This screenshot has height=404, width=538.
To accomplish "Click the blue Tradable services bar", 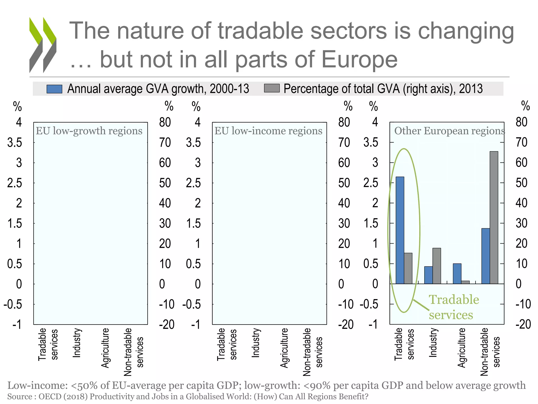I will [400, 230].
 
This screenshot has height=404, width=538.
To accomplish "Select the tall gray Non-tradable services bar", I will [494, 218].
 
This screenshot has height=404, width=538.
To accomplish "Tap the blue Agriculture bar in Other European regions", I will [457, 274].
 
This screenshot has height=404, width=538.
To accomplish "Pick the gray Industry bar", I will [437, 266].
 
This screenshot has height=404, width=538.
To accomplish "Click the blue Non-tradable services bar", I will [485, 256].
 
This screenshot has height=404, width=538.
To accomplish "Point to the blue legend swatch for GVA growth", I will [54, 89].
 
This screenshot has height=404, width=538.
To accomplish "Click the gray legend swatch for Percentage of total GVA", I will [272, 88].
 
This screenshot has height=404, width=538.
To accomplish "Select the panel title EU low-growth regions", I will [89, 131].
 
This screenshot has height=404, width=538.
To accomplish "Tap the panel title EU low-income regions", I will [268, 131].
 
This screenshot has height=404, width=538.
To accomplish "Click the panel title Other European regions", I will [449, 131].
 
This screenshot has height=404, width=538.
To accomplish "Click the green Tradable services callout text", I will [454, 307].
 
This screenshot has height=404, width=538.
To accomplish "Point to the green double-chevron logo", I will [43, 45].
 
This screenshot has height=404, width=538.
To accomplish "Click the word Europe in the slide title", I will [359, 59].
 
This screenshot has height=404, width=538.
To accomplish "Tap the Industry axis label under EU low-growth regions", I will [76, 343].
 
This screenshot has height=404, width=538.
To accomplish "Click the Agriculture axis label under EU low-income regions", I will [284, 348].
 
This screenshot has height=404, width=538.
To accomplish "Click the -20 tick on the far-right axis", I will [523, 324].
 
